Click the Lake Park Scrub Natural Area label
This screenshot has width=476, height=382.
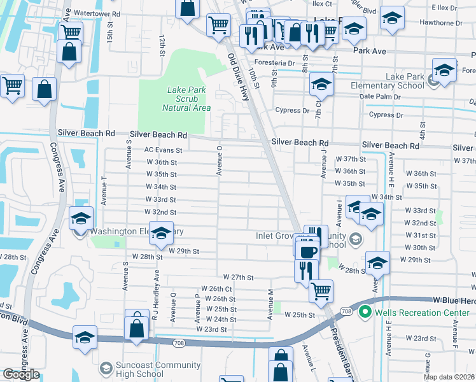coord(186,99)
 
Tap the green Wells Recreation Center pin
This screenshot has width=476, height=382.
coord(365,312)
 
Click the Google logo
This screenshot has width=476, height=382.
coord(21,374)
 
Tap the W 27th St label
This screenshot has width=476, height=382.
coord(239,278)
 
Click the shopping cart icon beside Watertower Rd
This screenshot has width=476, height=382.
coord(218,25)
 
